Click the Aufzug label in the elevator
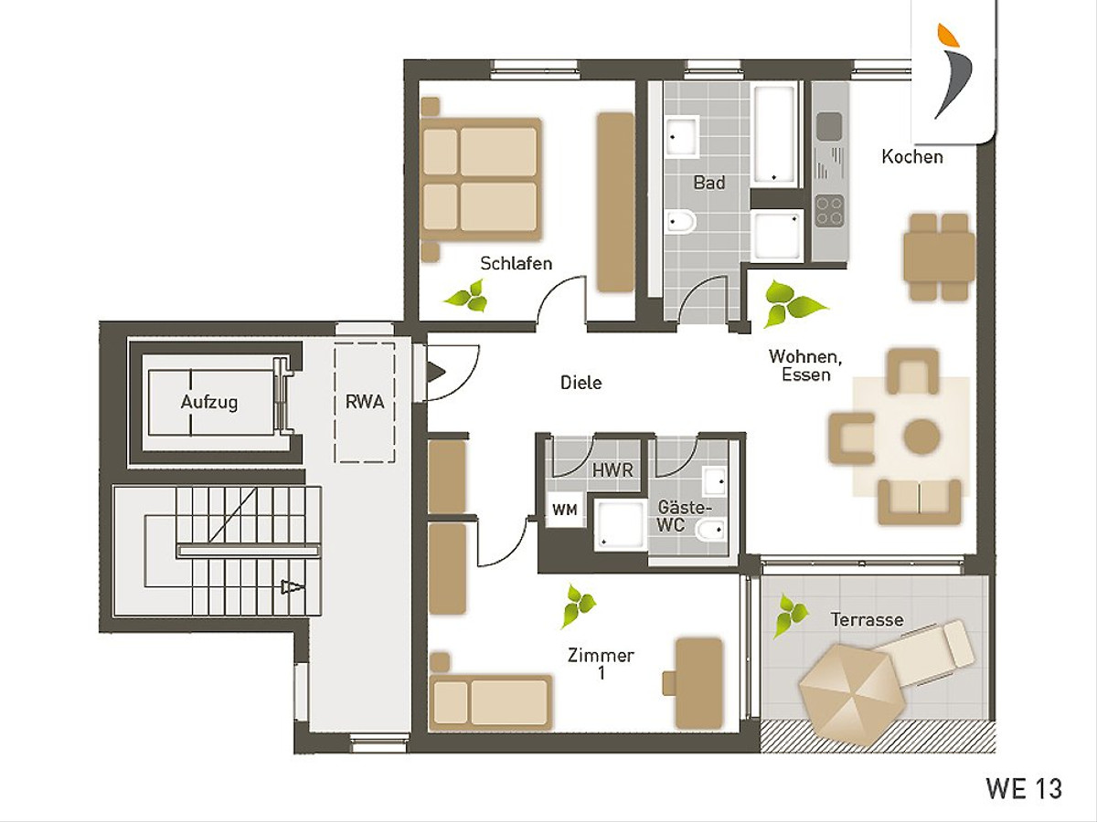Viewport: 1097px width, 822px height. pyautogui.click(x=209, y=402)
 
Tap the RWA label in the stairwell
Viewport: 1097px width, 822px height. pyautogui.click(x=365, y=402)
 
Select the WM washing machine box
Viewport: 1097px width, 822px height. pyautogui.click(x=565, y=510)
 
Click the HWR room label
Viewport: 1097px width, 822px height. pyautogui.click(x=612, y=469)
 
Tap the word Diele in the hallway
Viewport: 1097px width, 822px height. pyautogui.click(x=581, y=383)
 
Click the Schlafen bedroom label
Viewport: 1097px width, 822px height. pyautogui.click(x=517, y=263)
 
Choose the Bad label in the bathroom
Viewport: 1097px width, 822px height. pyautogui.click(x=709, y=183)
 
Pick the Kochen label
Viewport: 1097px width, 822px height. pyautogui.click(x=912, y=157)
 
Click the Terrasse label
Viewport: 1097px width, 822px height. pyautogui.click(x=868, y=620)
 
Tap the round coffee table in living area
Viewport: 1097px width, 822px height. pyautogui.click(x=922, y=437)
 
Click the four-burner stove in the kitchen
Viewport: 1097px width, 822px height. pyautogui.click(x=830, y=210)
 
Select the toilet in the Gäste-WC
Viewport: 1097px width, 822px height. pyautogui.click(x=710, y=530)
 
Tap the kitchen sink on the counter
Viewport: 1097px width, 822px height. pyautogui.click(x=830, y=126)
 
